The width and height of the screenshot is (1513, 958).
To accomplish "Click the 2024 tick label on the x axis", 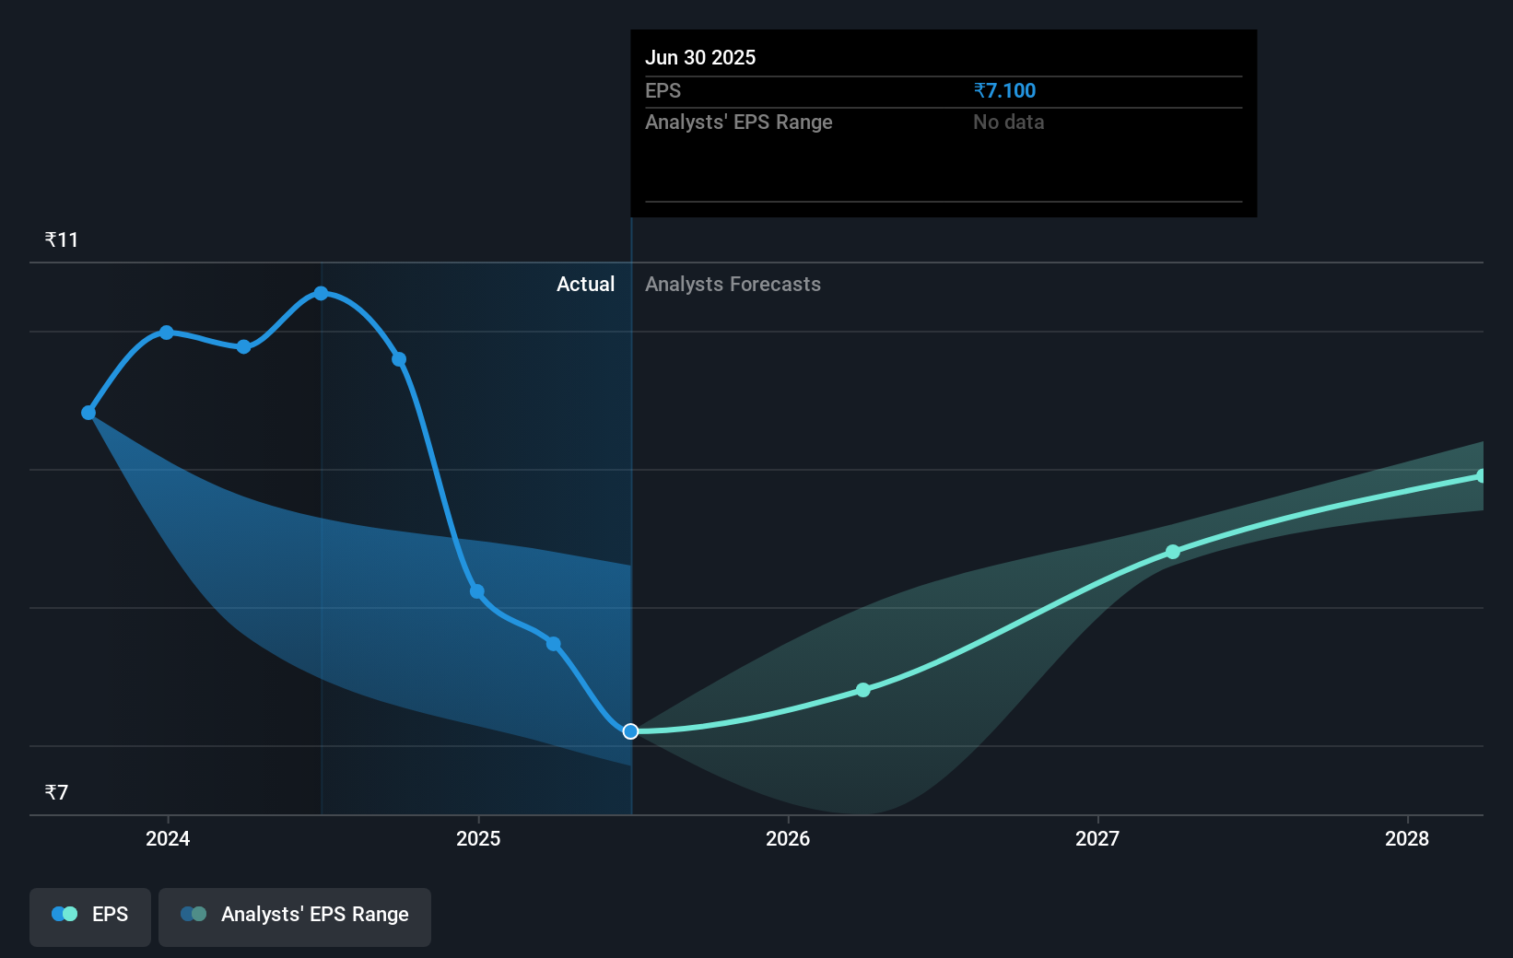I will pyautogui.click(x=168, y=838).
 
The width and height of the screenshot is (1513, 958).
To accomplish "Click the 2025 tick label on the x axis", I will pyautogui.click(x=478, y=838).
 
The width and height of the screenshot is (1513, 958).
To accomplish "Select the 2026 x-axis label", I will pyautogui.click(x=788, y=838).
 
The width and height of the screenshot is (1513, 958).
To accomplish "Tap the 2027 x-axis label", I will pyautogui.click(x=1097, y=838).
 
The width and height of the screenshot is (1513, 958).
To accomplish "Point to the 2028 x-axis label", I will pyautogui.click(x=1407, y=838).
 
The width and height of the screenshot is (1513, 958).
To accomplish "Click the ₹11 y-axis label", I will pyautogui.click(x=62, y=240).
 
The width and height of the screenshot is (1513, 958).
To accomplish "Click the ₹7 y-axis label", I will pyautogui.click(x=56, y=793).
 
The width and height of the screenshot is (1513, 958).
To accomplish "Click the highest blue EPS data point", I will pyautogui.click(x=321, y=294).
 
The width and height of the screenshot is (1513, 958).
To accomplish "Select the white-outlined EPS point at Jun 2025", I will pyautogui.click(x=630, y=731).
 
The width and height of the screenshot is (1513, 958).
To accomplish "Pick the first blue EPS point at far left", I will pyautogui.click(x=88, y=413).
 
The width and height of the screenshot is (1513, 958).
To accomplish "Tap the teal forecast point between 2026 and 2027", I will pyautogui.click(x=863, y=690).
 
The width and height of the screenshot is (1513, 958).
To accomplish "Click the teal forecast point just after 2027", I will pyautogui.click(x=1173, y=552).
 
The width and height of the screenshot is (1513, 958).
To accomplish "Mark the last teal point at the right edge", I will pyautogui.click(x=1481, y=476).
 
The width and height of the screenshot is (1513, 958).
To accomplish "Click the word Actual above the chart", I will pyautogui.click(x=585, y=285).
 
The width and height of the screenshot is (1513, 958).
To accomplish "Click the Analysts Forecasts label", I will pyautogui.click(x=733, y=285).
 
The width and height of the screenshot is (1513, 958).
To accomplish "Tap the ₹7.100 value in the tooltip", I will pyautogui.click(x=1004, y=91).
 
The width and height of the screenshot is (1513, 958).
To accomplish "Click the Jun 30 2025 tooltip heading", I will pyautogui.click(x=700, y=58).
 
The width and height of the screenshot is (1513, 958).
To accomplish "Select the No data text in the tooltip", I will pyautogui.click(x=1008, y=123).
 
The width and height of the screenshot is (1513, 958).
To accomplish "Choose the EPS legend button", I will pyautogui.click(x=90, y=916).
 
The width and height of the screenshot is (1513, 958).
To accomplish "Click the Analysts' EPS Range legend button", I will pyautogui.click(x=295, y=916).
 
